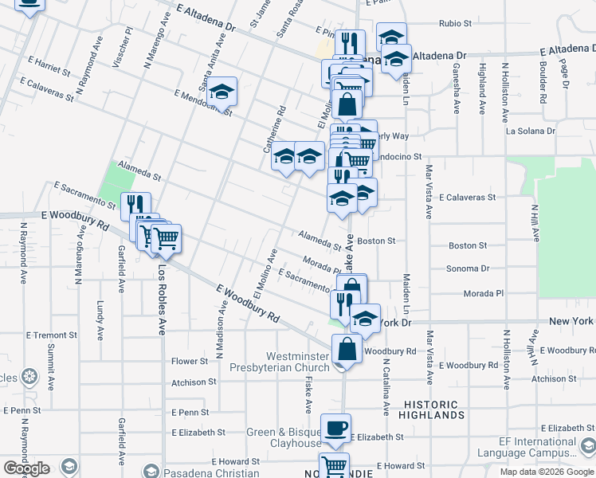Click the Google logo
26,468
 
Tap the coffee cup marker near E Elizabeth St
335,428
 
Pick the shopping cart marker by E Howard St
334,466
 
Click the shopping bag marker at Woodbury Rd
347,349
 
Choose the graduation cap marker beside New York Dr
365,319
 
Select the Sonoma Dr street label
467,268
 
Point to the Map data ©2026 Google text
547,472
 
